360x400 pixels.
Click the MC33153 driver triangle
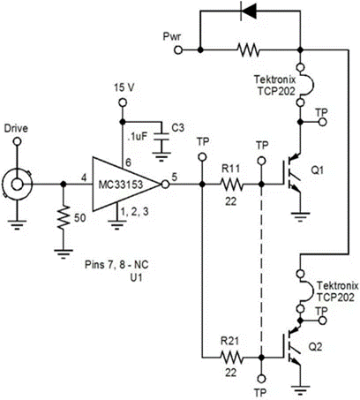124,185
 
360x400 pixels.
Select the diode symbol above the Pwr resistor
248,11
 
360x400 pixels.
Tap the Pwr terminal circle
178,50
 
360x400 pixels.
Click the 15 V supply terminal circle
123,102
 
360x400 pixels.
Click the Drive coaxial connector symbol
17,185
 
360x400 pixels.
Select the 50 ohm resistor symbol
64,218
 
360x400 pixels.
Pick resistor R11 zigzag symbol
231,185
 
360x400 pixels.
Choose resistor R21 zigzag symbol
231,358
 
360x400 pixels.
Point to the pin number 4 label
84,178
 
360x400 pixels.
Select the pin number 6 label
128,162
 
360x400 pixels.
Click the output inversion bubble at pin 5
165,185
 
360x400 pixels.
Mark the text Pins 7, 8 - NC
116,265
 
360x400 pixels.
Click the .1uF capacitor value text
138,137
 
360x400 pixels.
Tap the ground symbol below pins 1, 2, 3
117,225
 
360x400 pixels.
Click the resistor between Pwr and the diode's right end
249,50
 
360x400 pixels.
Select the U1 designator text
136,277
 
